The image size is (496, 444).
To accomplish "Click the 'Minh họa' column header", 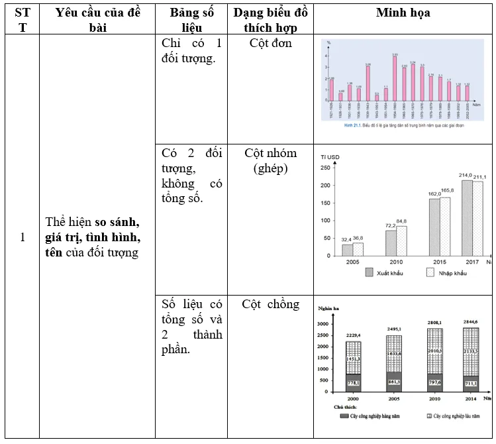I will click(403, 13).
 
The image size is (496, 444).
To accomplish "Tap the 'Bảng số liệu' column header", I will click(191, 21).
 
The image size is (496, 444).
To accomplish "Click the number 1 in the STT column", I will click(23, 237).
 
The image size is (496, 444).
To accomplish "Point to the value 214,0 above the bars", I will click(467, 175).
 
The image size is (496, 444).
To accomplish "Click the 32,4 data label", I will click(346, 239).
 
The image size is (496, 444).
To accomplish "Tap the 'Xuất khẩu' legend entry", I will click(389, 272).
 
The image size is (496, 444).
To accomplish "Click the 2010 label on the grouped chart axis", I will click(395, 262).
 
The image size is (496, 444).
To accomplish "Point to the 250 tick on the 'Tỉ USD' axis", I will click(324, 168).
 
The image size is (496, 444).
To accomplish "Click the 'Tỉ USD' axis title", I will click(330, 156).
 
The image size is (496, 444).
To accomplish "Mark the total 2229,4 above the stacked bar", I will click(354, 336).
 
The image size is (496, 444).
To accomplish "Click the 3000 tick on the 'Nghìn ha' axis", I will click(322, 324).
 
